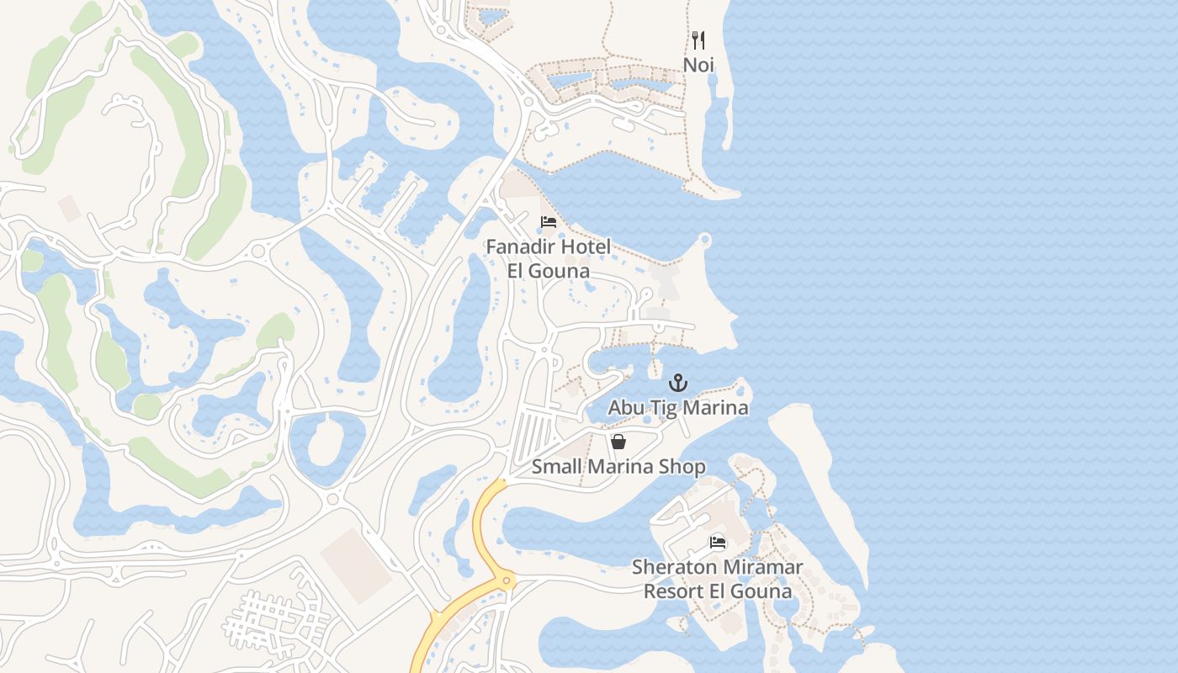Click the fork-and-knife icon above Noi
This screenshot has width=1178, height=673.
point(698,40)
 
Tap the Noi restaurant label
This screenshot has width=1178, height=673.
point(698,65)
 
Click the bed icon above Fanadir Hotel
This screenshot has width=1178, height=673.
point(549,223)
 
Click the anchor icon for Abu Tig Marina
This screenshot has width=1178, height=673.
point(678,384)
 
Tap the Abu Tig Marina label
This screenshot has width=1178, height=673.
point(678,408)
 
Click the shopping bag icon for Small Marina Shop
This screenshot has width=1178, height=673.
point(618,442)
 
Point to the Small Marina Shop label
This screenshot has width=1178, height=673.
point(618,467)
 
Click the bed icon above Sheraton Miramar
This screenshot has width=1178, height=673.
point(718,543)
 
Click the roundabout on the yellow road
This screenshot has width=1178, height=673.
point(506,580)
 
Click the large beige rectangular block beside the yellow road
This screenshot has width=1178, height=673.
point(355,564)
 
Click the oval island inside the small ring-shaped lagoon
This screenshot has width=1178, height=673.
point(326,440)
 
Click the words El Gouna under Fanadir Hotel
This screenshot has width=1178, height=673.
point(548,272)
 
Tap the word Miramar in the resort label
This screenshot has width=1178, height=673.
point(760,568)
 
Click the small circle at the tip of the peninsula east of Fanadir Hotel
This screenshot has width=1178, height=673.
point(705,242)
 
